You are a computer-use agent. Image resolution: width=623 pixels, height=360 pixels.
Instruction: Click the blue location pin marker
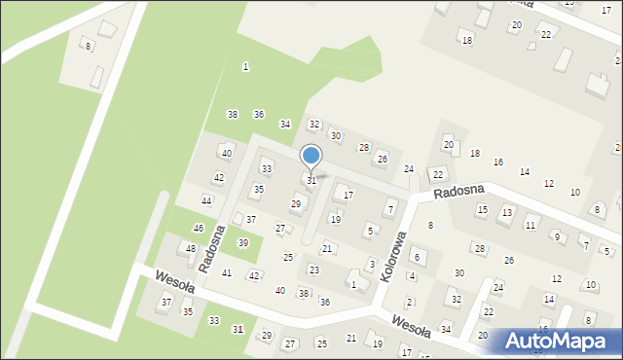(311, 156)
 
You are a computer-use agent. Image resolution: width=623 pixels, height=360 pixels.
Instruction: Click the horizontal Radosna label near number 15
(458, 193)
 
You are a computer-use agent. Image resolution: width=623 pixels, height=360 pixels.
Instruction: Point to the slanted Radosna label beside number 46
(212, 248)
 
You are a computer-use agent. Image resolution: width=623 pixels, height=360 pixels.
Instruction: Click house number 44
(206, 200)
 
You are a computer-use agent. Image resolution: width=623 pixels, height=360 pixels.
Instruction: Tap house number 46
(199, 228)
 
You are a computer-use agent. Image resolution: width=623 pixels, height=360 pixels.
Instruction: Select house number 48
(191, 248)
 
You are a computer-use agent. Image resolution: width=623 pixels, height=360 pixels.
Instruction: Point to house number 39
(243, 242)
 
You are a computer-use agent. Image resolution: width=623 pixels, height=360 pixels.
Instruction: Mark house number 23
(313, 270)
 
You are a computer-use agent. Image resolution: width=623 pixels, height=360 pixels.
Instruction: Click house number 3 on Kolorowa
(372, 264)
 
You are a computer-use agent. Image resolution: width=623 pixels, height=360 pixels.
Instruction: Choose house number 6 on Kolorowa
(417, 257)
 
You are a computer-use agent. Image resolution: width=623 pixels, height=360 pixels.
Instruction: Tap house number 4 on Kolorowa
(412, 276)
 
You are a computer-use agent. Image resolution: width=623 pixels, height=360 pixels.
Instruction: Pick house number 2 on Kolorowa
(410, 302)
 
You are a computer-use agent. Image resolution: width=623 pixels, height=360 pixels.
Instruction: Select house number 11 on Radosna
(531, 225)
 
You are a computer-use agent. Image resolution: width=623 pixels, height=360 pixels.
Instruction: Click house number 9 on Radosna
(557, 236)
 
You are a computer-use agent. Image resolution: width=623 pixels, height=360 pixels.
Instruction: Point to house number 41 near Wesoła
(227, 272)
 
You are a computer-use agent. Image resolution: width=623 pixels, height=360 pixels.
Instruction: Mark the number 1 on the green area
(245, 66)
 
